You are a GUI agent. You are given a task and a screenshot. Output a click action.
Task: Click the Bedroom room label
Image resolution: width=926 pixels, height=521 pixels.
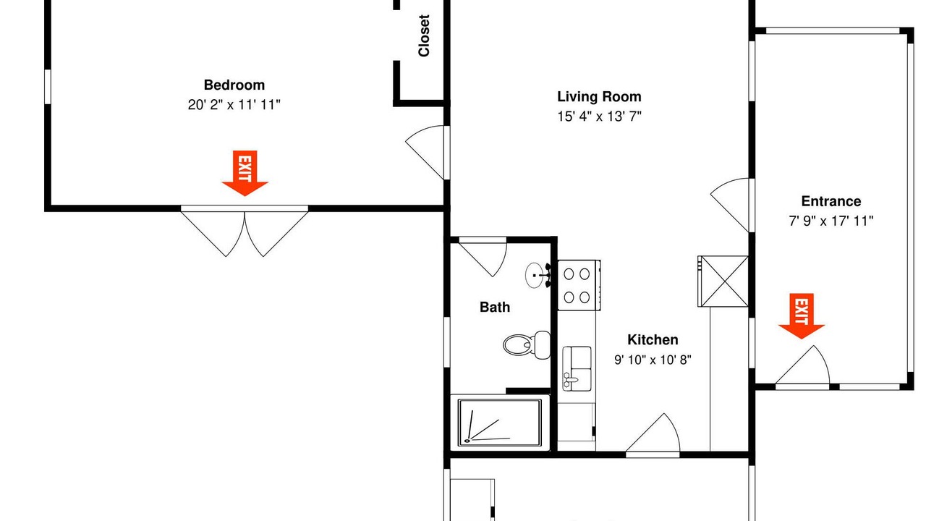234,85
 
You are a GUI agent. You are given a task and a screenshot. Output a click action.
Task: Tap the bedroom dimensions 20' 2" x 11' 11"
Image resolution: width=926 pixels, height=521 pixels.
234,105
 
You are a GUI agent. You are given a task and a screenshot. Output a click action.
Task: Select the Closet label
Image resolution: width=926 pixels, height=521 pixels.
424,35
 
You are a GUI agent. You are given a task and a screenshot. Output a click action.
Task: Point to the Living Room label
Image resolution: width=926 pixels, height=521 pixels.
599,97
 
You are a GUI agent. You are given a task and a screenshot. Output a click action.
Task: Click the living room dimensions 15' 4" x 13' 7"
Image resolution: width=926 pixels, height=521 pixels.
599,117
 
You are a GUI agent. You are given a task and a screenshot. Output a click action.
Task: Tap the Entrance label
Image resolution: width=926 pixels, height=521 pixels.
831,201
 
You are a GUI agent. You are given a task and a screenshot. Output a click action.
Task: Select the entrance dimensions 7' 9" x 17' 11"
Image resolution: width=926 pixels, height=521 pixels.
831,221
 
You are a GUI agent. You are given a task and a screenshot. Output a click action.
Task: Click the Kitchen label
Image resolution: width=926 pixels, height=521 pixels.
653,340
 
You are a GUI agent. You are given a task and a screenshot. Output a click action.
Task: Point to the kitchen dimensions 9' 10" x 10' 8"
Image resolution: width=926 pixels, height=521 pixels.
653,360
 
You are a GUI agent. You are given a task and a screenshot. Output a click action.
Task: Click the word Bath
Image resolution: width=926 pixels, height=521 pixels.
495,308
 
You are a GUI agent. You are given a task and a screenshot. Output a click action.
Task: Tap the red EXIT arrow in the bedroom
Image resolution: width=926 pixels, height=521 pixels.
245,173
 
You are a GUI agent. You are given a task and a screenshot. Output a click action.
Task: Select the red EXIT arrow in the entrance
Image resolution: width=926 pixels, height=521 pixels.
802,316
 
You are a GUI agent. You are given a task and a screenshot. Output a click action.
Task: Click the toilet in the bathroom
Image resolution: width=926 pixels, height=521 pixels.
527,344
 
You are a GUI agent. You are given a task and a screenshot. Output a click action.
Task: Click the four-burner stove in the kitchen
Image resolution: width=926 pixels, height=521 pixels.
579,285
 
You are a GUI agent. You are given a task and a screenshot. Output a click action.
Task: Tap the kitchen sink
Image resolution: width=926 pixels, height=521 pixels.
577,369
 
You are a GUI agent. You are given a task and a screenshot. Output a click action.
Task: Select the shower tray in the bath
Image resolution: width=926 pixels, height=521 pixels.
500,423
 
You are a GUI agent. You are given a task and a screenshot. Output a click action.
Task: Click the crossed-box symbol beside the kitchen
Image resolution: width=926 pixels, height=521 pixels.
723,281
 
